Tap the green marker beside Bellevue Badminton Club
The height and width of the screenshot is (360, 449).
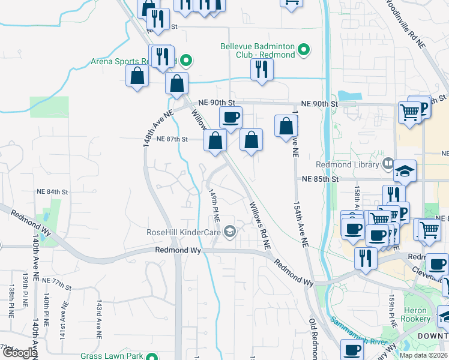pyautogui.click(x=304, y=50)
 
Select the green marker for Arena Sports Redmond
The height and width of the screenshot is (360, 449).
pyautogui.click(x=186, y=60)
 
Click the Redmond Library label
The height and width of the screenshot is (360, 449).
pyautogui.click(x=349, y=164)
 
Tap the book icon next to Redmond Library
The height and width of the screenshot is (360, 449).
pyautogui.click(x=388, y=163)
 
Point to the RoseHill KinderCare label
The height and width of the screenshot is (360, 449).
pyautogui.click(x=184, y=232)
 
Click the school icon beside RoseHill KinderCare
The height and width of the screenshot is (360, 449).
pyautogui.click(x=229, y=232)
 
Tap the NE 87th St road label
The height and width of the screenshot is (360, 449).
pyautogui.click(x=172, y=139)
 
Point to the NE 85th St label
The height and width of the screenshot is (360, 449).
pyautogui.click(x=321, y=179)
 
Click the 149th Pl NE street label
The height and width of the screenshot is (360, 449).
pyautogui.click(x=213, y=206)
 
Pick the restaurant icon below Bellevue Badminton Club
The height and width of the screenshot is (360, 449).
pyautogui.click(x=262, y=69)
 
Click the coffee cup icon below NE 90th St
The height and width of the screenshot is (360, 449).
pyautogui.click(x=231, y=118)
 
